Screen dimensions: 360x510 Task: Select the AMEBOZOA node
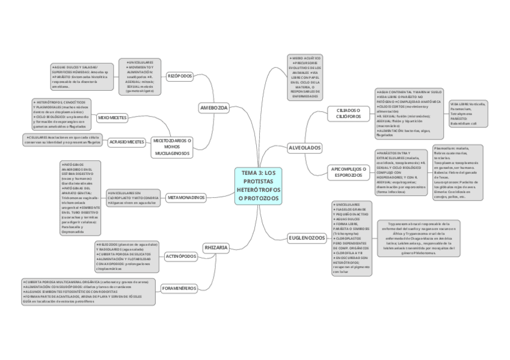click(x=214, y=108)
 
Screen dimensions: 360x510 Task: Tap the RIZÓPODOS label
click(x=179, y=77)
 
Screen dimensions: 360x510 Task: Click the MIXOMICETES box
click(x=112, y=118)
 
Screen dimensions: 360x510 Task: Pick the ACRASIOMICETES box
click(x=127, y=142)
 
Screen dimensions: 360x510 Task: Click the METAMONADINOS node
click(x=186, y=197)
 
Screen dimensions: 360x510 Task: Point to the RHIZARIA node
click(x=216, y=248)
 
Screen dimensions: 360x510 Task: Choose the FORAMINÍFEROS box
click(x=179, y=288)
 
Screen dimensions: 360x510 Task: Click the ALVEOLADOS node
click(x=304, y=147)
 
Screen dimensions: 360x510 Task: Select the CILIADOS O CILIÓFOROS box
click(x=348, y=113)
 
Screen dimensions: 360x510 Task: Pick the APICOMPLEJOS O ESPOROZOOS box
click(x=349, y=172)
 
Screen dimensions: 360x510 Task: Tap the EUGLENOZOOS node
click(x=307, y=238)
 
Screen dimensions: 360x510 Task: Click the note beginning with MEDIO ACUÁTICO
click(x=306, y=76)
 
